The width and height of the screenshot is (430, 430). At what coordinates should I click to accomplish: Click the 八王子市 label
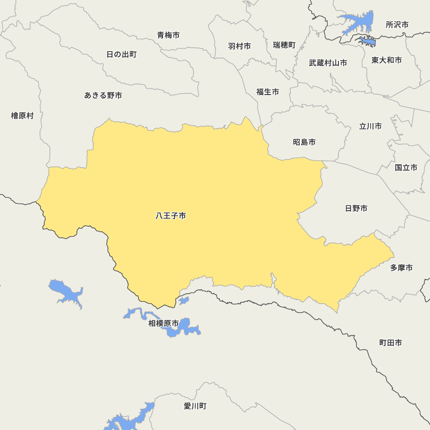[x=171, y=216]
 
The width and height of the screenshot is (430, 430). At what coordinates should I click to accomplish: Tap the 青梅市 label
[x=168, y=35]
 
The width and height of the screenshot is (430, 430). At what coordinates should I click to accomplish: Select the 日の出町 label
[x=121, y=55]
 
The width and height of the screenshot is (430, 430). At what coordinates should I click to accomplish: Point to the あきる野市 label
[x=103, y=95]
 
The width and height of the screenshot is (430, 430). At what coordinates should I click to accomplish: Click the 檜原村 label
[x=22, y=116]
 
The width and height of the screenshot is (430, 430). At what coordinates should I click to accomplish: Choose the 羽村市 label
[x=240, y=46]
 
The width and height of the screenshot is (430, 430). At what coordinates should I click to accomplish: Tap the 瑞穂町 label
[x=284, y=45]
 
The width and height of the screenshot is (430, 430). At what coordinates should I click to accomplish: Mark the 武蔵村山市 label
[x=328, y=63]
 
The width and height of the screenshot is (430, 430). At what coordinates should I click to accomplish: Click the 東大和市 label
[x=387, y=60]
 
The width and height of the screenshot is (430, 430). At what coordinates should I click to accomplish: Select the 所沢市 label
[x=397, y=25]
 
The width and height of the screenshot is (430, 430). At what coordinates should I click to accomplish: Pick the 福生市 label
[x=267, y=92]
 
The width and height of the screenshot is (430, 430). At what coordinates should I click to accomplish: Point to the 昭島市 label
[x=304, y=142]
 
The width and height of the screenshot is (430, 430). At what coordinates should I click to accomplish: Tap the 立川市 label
[x=370, y=126]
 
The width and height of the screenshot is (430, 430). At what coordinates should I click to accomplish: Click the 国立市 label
[x=406, y=168]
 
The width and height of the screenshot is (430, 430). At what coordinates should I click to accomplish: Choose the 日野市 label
[x=356, y=209]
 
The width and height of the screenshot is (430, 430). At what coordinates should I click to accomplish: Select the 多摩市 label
[x=401, y=268]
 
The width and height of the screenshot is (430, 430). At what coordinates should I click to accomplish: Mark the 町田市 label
[x=390, y=343]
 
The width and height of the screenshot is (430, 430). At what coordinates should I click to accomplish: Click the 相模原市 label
[x=163, y=323]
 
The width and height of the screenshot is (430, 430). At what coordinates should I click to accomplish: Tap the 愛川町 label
[x=195, y=406]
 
